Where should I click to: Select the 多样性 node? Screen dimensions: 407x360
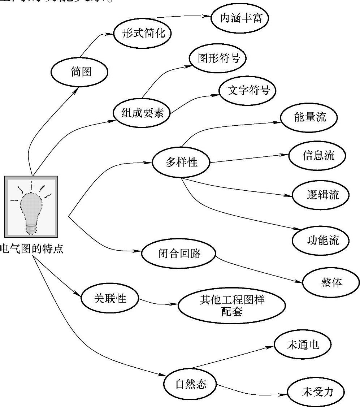tap(181, 162)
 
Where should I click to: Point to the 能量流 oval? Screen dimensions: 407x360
tap(309, 117)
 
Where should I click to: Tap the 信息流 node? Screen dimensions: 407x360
tap(317, 155)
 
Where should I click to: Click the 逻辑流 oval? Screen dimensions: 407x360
tap(321, 195)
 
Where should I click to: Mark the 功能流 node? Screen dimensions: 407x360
tap(321, 240)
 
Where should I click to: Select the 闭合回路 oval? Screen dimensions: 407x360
tap(179, 254)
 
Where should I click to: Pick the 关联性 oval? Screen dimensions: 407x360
tap(110, 299)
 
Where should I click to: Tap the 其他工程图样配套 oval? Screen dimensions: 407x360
tap(231, 306)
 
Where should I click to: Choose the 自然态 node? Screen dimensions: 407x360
tap(191, 384)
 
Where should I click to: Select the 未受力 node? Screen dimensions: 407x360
tap(316, 392)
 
